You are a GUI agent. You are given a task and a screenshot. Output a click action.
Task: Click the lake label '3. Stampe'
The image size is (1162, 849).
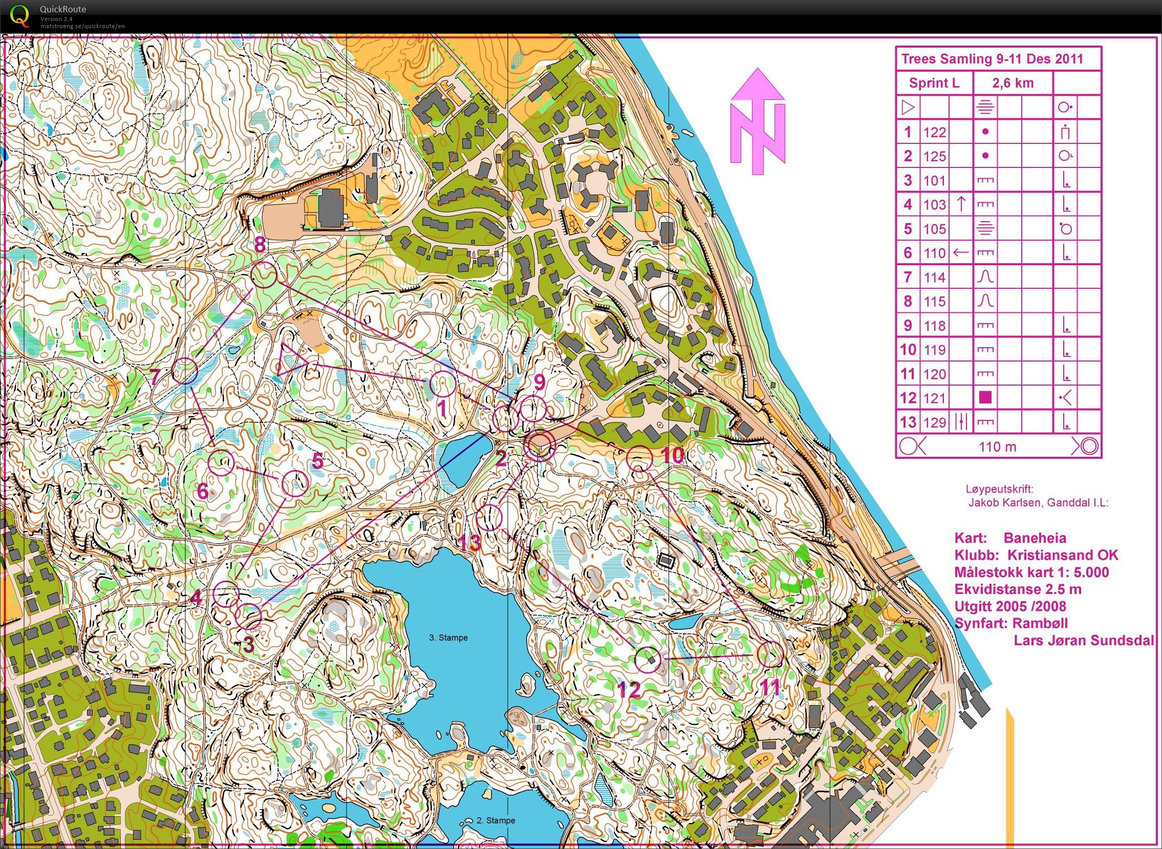pos(448,638)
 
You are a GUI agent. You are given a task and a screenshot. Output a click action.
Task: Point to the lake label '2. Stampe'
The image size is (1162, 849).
pos(496,820)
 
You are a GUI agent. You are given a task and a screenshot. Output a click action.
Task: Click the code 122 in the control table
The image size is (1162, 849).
pos(934,132)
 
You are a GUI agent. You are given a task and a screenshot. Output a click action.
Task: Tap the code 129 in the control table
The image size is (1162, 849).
pos(934,422)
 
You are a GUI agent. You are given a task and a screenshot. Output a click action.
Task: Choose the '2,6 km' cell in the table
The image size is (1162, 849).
pos(1013,83)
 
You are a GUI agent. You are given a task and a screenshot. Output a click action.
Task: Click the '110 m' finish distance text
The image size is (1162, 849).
pos(997,447)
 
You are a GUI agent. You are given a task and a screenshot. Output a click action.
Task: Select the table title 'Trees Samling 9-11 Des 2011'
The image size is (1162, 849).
pos(992,58)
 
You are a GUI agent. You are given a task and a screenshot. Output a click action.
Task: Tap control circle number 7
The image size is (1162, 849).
pos(184,371)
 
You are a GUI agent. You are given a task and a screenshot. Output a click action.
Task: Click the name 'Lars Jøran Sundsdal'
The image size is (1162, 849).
pos(1084,641)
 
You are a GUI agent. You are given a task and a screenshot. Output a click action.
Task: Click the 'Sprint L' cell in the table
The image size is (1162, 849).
pos(934,83)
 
